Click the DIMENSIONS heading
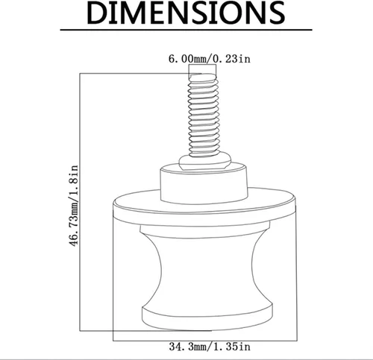pos(186,13)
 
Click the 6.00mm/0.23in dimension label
pos(210,59)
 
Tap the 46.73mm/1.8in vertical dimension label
pos(73,206)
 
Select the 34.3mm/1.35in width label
pos(210,347)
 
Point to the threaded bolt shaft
pos(204,116)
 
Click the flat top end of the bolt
pos(203,76)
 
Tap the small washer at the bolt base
pos(205,162)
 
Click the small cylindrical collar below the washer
pos(204,184)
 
